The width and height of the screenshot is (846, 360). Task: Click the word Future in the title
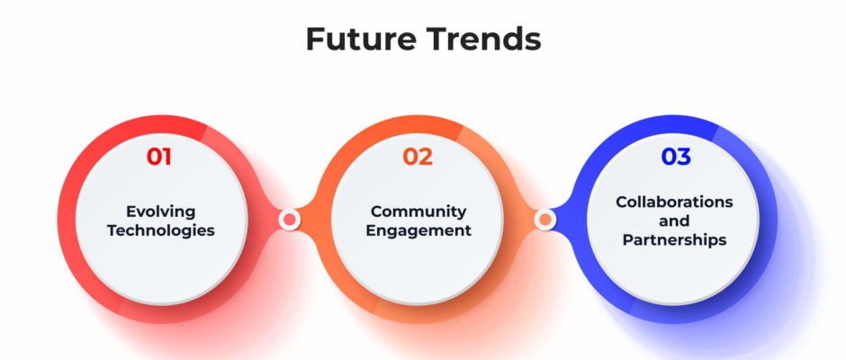360,40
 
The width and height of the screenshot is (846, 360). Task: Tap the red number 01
159,157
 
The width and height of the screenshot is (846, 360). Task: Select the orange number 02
418,157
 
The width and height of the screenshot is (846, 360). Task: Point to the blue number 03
676,157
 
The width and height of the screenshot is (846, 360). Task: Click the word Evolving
161,211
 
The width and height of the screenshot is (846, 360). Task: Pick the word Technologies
161,230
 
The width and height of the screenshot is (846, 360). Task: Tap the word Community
418,211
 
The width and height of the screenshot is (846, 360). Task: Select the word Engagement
418,230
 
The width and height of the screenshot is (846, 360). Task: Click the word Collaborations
674,202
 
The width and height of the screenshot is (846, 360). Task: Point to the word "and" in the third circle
674,220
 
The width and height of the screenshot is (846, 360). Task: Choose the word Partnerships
674,239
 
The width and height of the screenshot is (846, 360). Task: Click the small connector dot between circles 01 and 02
290,219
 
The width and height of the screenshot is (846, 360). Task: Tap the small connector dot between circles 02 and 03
545,219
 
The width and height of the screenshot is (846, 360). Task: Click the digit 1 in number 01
166,157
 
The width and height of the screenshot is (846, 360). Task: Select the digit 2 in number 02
426,157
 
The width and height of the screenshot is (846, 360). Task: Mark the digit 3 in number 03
684,157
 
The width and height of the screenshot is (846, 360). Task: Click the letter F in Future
315,40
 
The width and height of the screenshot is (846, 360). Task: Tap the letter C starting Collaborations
622,202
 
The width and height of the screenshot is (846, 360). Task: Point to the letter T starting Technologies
112,230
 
